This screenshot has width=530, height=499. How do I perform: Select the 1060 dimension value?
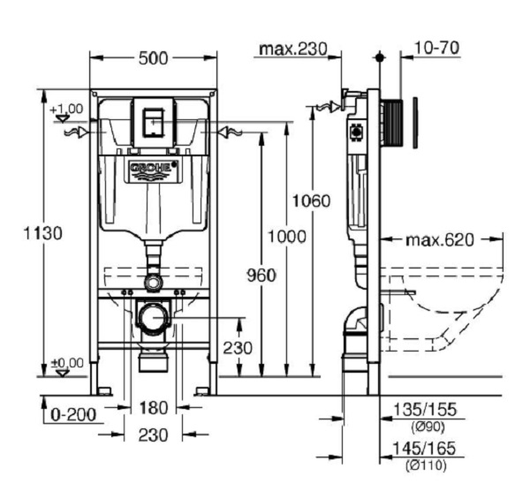click(312, 200)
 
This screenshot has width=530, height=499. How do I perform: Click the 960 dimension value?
click(261, 275)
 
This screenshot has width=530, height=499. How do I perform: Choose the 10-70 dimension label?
click(435, 48)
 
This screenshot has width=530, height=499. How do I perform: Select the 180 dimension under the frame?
click(154, 407)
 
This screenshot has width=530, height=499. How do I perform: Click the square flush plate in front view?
click(154, 118)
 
